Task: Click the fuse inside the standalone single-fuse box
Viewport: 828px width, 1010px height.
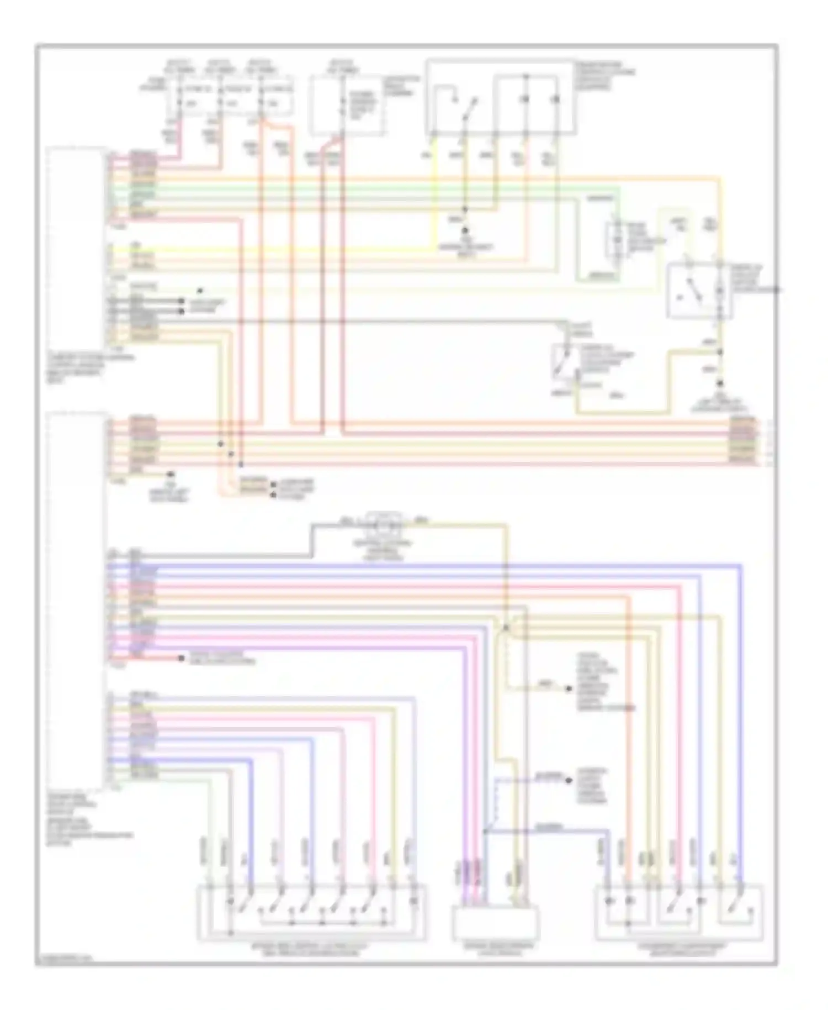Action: pyautogui.click(x=342, y=105)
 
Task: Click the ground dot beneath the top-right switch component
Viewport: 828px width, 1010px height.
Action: pyautogui.click(x=465, y=230)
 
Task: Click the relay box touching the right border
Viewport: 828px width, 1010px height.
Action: pyautogui.click(x=700, y=291)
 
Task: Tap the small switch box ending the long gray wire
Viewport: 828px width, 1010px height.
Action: pyautogui.click(x=564, y=362)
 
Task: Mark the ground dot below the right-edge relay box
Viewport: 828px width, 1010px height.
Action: pyautogui.click(x=721, y=383)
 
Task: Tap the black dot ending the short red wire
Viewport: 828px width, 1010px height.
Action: pyautogui.click(x=181, y=658)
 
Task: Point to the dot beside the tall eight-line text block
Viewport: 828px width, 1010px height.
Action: pyautogui.click(x=568, y=689)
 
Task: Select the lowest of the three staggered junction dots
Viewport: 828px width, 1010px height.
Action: pyautogui.click(x=241, y=462)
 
